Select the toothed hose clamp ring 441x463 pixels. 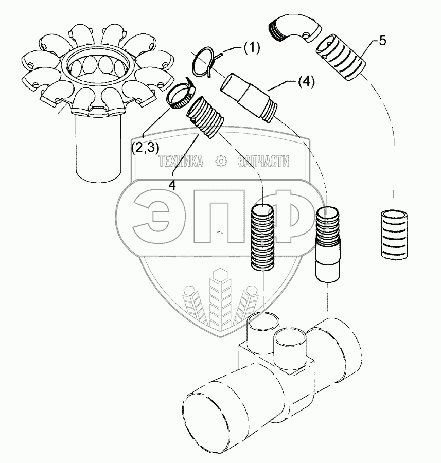[180, 95]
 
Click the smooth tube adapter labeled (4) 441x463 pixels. [250, 97]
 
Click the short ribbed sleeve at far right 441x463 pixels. [394, 234]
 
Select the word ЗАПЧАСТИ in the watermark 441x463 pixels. [263, 163]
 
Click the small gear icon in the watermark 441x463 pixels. [222, 163]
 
